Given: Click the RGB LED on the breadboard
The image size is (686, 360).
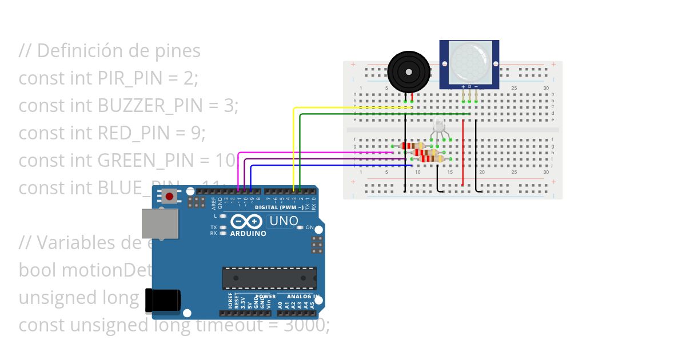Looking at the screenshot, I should tap(438, 127).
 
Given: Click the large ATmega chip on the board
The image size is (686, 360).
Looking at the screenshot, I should tap(269, 278).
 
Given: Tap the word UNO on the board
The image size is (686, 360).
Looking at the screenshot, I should tap(284, 221).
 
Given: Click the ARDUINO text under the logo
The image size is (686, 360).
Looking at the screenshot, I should tap(248, 233).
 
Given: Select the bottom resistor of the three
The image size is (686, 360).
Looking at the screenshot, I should tap(433, 159).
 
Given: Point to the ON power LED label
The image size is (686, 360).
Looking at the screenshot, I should tap(310, 227).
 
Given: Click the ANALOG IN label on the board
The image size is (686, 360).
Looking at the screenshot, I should tap(300, 297).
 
